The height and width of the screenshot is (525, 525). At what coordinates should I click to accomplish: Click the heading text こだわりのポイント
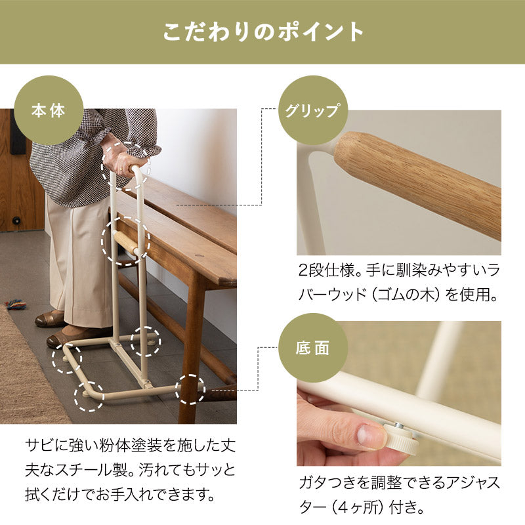262,32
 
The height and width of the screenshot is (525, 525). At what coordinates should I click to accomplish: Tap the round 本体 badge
49,110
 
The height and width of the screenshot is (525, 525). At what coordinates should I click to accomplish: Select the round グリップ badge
312,110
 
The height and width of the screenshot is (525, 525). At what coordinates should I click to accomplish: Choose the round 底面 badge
312,348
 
